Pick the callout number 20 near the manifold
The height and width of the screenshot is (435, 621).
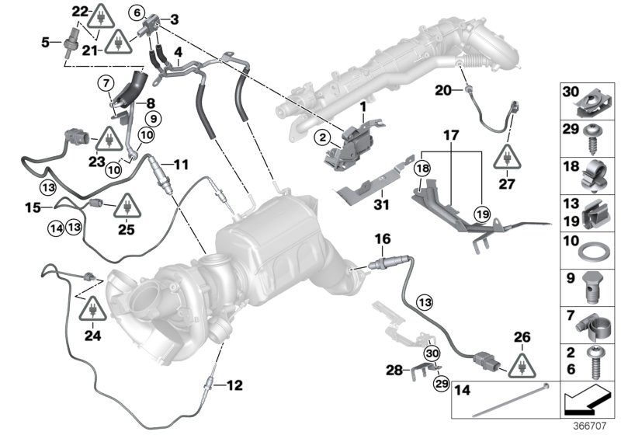tap(442, 91)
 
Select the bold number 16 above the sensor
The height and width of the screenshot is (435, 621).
tap(383, 239)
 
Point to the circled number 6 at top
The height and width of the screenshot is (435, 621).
tap(137, 12)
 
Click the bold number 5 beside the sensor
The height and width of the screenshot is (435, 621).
tap(46, 41)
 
